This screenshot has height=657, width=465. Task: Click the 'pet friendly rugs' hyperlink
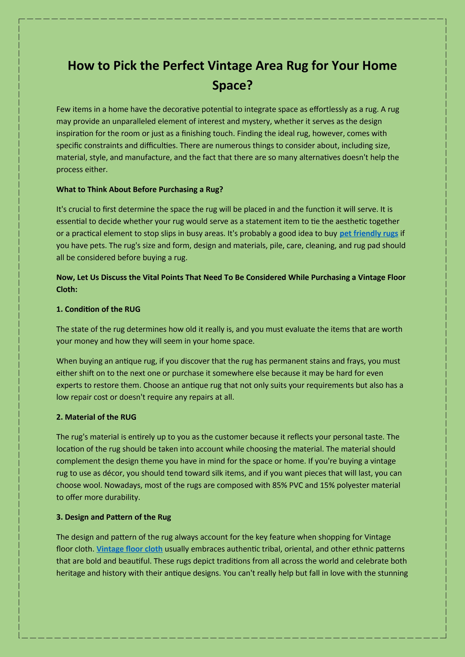pos(368,234)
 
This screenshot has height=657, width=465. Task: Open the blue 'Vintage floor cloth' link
pos(129,549)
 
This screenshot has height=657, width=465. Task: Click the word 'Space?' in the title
pos(232,85)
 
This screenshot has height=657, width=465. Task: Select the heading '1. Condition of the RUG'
pos(98,309)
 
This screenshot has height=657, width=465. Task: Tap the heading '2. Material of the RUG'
pos(96,417)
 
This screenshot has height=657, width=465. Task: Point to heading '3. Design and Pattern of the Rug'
pos(113,517)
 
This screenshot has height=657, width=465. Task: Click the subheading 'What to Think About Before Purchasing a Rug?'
pos(139,189)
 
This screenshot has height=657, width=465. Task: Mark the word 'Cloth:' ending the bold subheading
pos(67,290)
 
